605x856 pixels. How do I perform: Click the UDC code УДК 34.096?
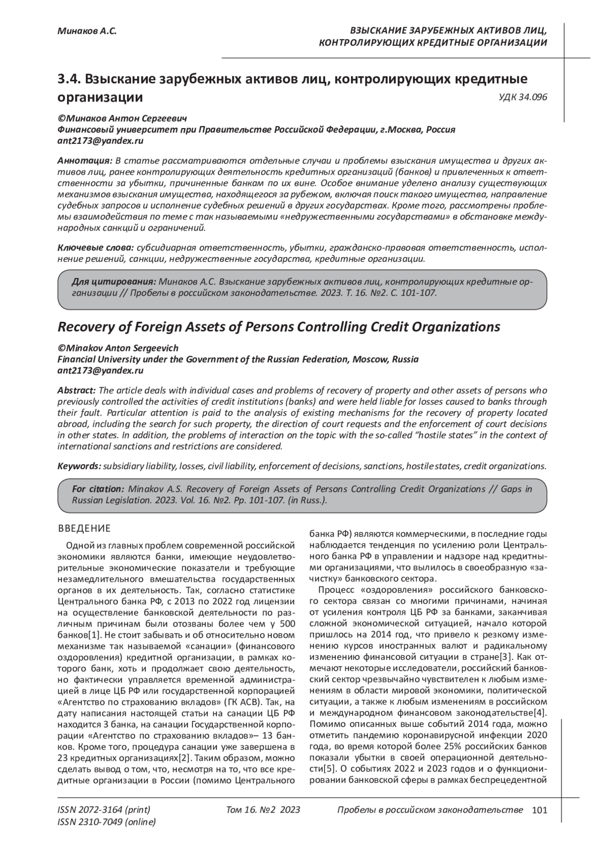523,97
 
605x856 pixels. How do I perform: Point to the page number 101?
539,810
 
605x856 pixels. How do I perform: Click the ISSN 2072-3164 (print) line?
104,810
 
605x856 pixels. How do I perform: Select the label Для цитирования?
113,281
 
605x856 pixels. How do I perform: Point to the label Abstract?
77,391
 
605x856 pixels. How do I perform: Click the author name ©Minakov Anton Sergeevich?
118,349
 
